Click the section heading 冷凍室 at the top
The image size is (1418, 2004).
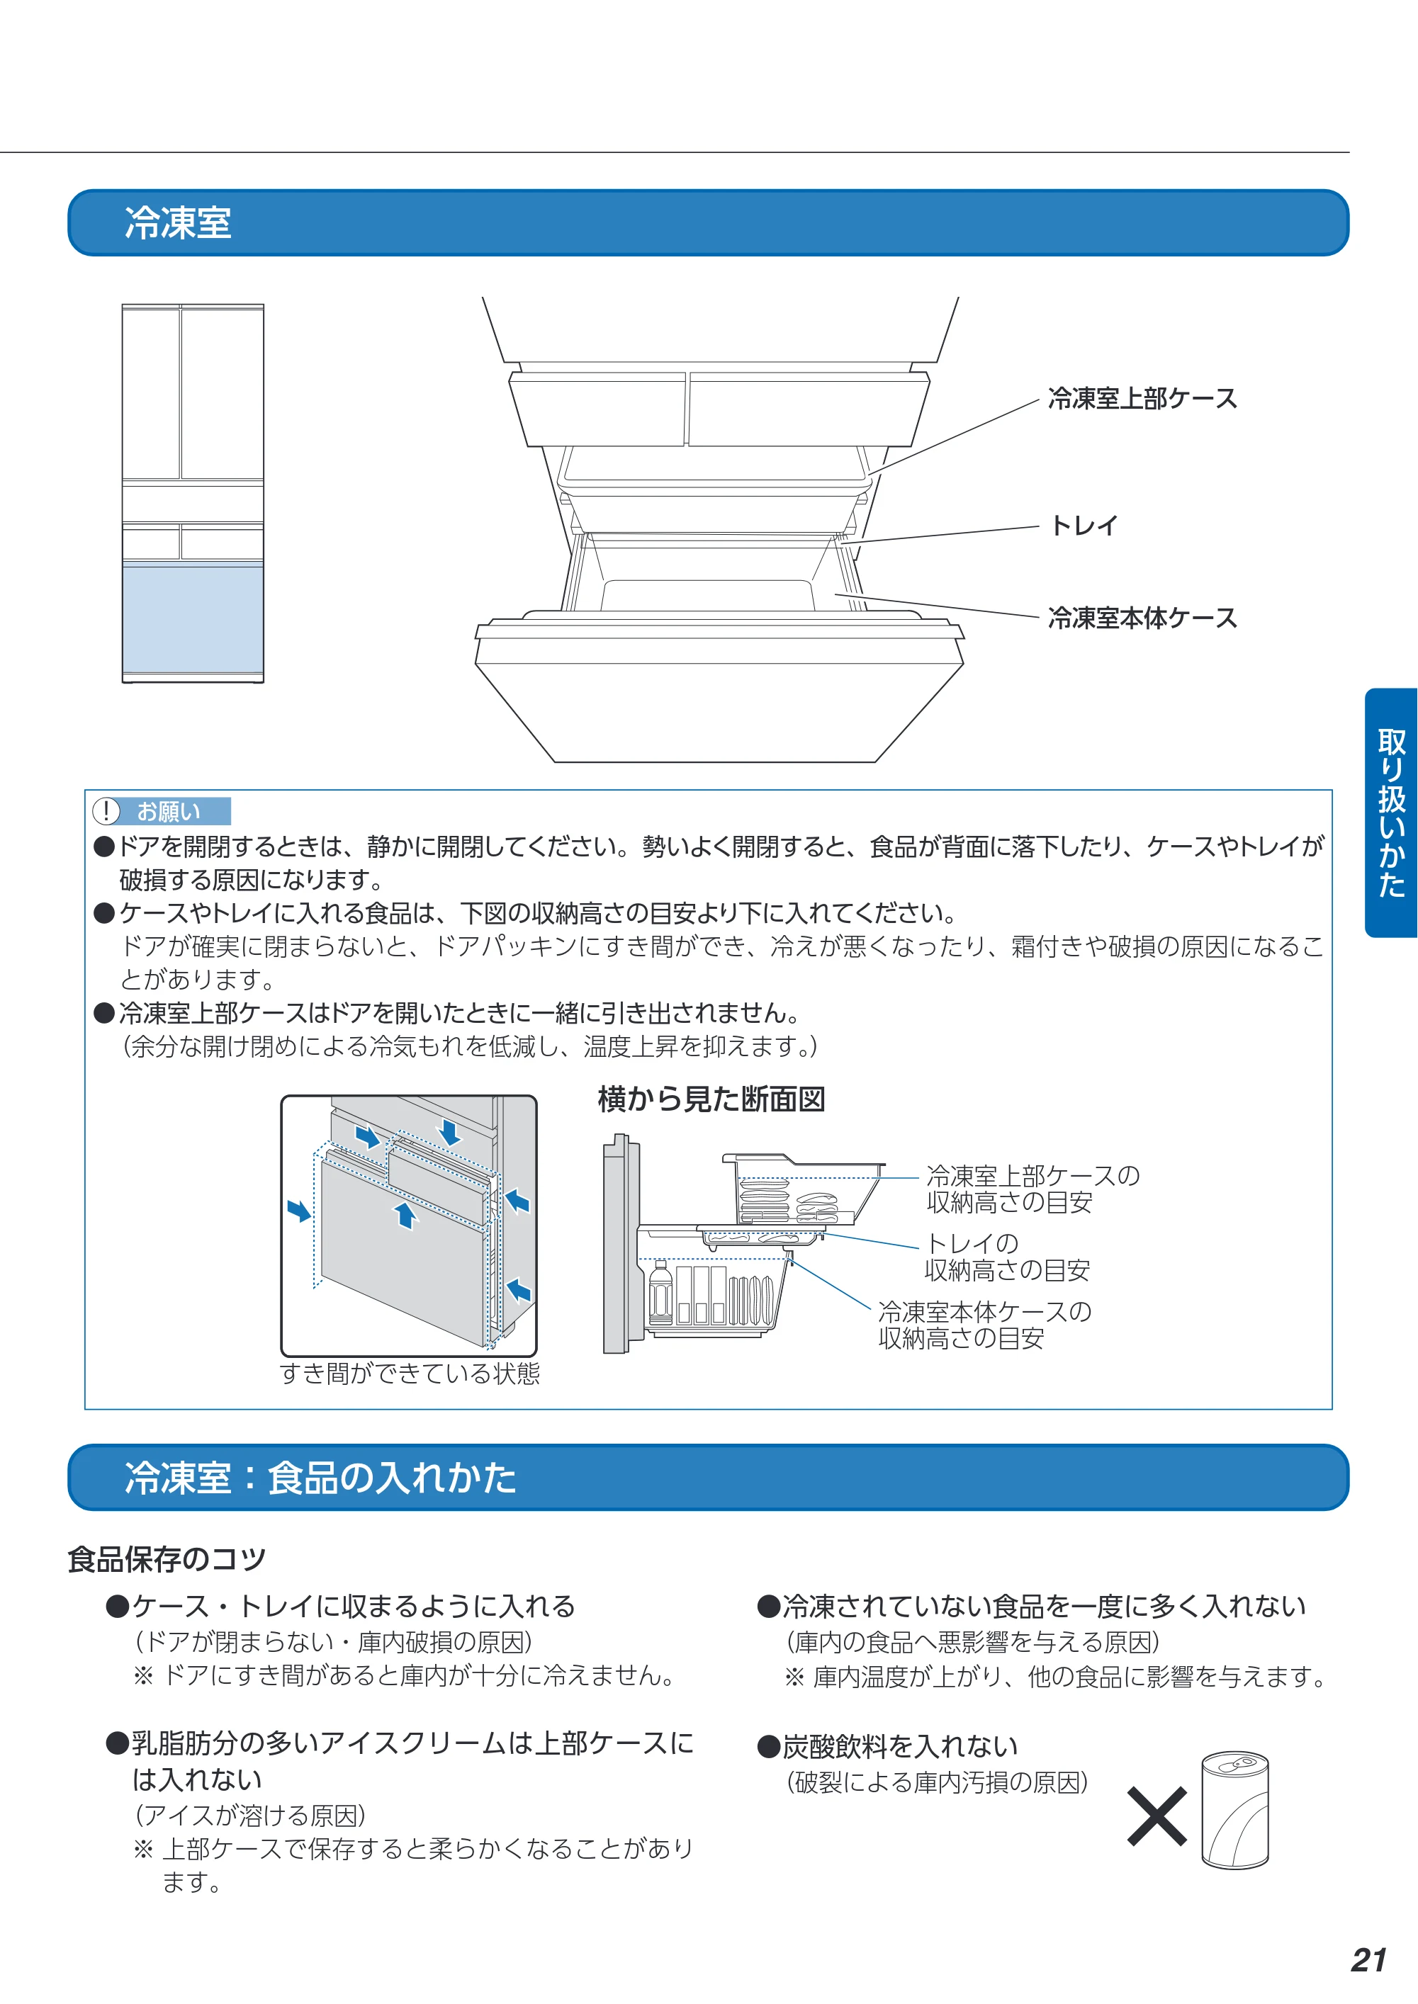pyautogui.click(x=178, y=222)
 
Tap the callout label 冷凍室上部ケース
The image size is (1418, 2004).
pyautogui.click(x=1142, y=399)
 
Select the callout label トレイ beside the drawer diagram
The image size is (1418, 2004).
pyautogui.click(x=1084, y=526)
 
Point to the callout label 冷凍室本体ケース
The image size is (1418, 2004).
pyautogui.click(x=1142, y=618)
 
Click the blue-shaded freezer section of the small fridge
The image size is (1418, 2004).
pyautogui.click(x=193, y=619)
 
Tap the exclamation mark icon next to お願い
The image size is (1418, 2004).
pyautogui.click(x=106, y=811)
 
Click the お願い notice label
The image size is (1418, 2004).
pyautogui.click(x=169, y=812)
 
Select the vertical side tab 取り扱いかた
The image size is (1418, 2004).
pyautogui.click(x=1391, y=813)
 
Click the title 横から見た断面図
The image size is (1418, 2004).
pyautogui.click(x=711, y=1099)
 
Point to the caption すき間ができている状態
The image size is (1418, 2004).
pyautogui.click(x=410, y=1373)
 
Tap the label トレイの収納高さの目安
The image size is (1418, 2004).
pyautogui.click(x=1007, y=1257)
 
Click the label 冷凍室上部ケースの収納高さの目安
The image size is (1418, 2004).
pyautogui.click(x=1033, y=1189)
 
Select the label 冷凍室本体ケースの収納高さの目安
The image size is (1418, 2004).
pyautogui.click(x=985, y=1325)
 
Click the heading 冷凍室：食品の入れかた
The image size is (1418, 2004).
pyautogui.click(x=320, y=1478)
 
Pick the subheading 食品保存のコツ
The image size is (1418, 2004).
pyautogui.click(x=167, y=1559)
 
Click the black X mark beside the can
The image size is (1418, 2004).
pyautogui.click(x=1157, y=1816)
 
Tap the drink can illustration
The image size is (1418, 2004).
pyautogui.click(x=1234, y=1809)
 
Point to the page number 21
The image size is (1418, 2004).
pyautogui.click(x=1368, y=1960)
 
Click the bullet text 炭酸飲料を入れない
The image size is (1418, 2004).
pyautogui.click(x=900, y=1745)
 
